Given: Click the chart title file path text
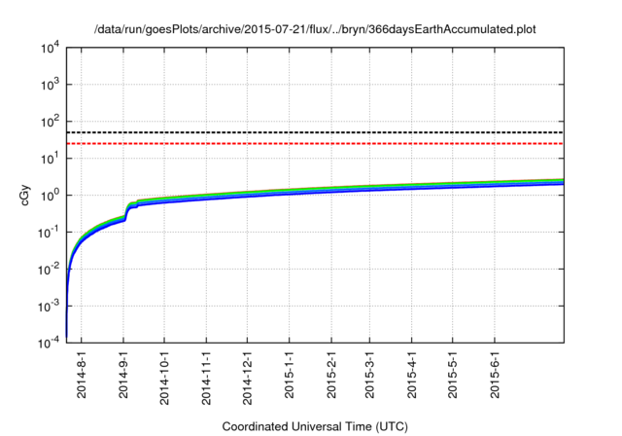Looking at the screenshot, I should click(315, 30).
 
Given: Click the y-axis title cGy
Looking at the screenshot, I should click(26, 195).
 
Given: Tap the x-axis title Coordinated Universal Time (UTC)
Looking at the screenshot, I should click(315, 426).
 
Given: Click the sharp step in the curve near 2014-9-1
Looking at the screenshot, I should click(127, 212).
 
